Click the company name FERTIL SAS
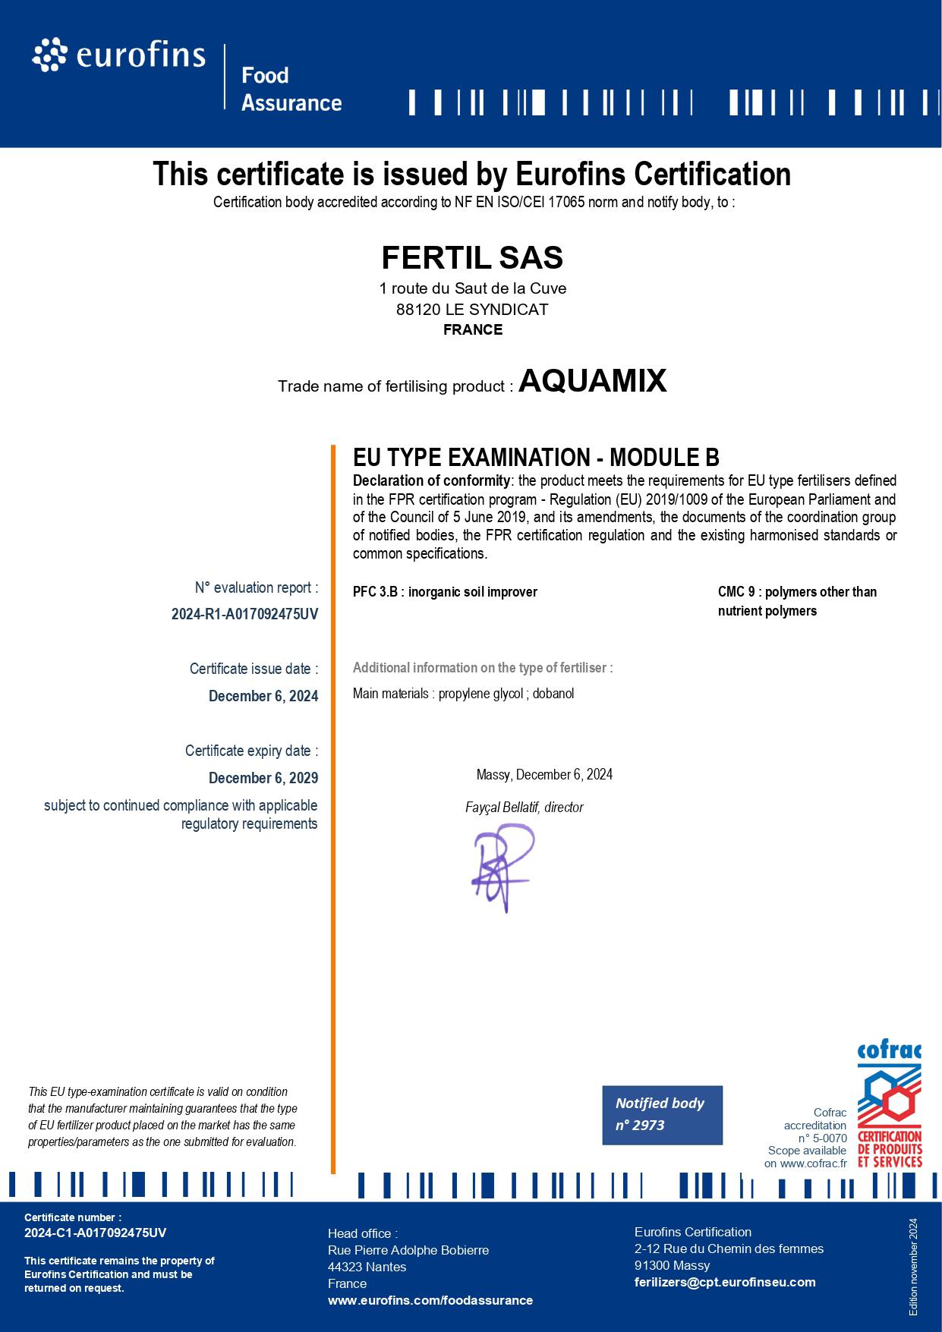click(x=471, y=258)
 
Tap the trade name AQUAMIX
click(x=592, y=381)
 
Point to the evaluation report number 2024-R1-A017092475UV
click(x=244, y=615)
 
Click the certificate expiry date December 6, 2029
click(x=263, y=778)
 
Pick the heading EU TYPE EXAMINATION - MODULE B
click(x=536, y=457)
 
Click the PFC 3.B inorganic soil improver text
click(x=445, y=592)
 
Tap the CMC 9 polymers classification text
click(x=797, y=601)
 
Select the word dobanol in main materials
click(x=553, y=694)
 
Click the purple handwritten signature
click(x=501, y=867)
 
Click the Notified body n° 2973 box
click(x=662, y=1114)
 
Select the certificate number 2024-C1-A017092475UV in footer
click(x=95, y=1233)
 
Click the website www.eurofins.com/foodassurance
click(x=430, y=1300)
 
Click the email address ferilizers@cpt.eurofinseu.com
click(x=725, y=1282)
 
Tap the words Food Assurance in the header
click(x=291, y=89)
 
